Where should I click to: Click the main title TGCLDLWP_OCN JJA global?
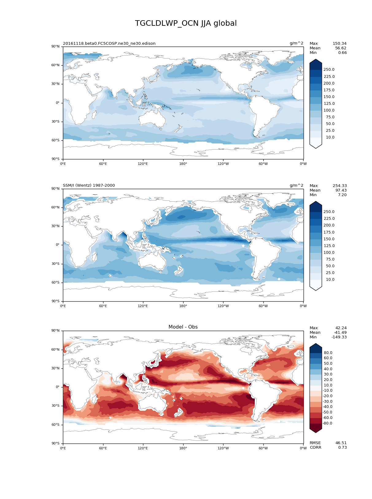click(186, 23)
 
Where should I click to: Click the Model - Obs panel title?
click(183, 327)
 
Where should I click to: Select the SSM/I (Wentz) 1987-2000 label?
click(89, 185)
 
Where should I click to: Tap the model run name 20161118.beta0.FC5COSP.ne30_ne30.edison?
click(109, 44)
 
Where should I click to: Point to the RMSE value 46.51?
click(341, 443)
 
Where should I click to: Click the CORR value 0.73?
click(342, 448)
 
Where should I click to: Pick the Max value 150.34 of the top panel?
click(339, 44)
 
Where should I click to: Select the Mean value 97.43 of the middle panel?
click(341, 190)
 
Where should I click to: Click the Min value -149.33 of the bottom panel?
click(339, 337)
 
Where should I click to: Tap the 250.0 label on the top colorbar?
click(329, 70)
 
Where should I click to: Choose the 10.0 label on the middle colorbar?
click(330, 280)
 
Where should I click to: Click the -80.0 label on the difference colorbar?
click(327, 423)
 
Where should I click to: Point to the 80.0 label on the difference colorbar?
click(328, 353)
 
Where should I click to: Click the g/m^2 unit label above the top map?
click(296, 43)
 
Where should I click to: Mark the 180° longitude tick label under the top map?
click(183, 164)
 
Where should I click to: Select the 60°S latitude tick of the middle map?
click(56, 283)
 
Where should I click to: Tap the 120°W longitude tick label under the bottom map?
click(223, 448)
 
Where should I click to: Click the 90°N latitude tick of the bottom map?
click(56, 331)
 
